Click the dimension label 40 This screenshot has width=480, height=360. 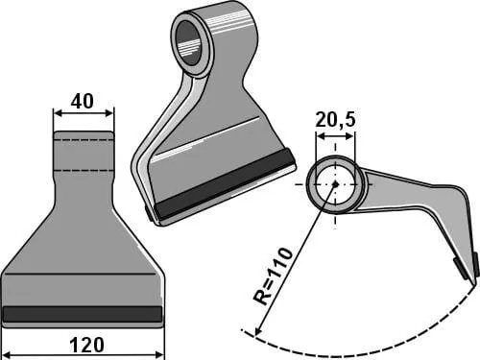[x=83, y=101]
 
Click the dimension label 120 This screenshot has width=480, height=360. [x=86, y=345]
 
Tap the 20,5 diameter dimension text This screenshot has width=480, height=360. [x=335, y=120]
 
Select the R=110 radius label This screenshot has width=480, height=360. [x=273, y=276]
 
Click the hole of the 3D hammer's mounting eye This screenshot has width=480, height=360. [x=191, y=41]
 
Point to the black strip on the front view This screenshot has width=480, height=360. [x=83, y=314]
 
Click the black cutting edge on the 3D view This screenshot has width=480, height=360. [x=225, y=184]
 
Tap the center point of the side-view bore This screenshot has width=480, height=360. [x=335, y=184]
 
